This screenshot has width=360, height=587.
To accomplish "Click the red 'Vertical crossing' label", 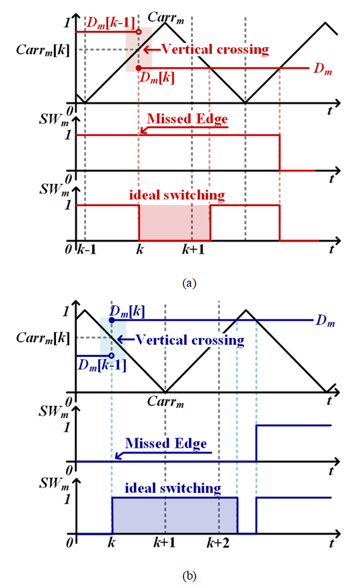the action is [215, 49].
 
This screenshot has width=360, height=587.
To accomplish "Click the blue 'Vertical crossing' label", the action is [190, 340].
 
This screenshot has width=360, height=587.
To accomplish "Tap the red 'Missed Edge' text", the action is [187, 118].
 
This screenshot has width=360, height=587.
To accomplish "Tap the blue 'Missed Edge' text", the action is [166, 443].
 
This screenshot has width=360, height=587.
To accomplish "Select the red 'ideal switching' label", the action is [177, 195].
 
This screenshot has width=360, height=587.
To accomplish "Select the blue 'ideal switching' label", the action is [173, 488].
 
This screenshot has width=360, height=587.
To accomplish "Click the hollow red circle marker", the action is [139, 32].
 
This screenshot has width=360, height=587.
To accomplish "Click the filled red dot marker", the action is [139, 68].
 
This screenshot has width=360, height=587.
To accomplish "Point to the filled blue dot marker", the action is [112, 320].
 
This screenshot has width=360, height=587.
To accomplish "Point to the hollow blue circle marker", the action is [111, 355].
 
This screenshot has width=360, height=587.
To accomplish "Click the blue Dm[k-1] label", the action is [102, 365].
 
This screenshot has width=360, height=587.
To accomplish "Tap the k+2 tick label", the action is [218, 543].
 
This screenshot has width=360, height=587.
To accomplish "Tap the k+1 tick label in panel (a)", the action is [193, 249].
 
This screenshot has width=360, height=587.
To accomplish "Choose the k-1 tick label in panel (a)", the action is [86, 249].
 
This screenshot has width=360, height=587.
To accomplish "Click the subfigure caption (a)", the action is [189, 283].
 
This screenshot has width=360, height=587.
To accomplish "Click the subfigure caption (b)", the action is [189, 576].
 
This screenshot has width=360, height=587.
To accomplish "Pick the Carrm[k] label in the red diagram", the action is [42, 50].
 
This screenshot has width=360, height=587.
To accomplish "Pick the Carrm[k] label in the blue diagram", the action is [42, 338].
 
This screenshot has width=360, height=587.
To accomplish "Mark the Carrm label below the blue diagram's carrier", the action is [166, 401].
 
